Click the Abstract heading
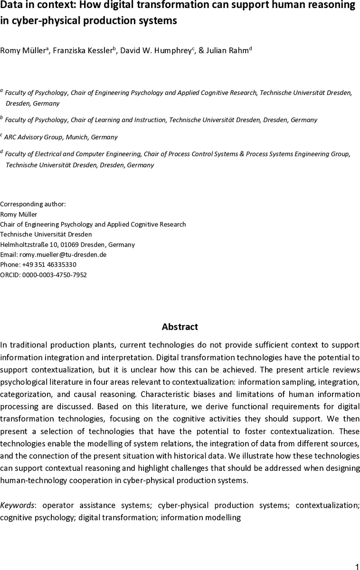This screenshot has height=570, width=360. tap(180, 327)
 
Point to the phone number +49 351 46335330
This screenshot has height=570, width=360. tap(48, 265)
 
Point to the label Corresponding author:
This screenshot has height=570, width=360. tap(33, 204)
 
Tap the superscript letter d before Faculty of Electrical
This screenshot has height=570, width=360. tap(1, 152)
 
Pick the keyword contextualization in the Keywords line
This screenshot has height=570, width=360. tap(327, 505)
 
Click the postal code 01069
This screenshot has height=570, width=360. tap(69, 245)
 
